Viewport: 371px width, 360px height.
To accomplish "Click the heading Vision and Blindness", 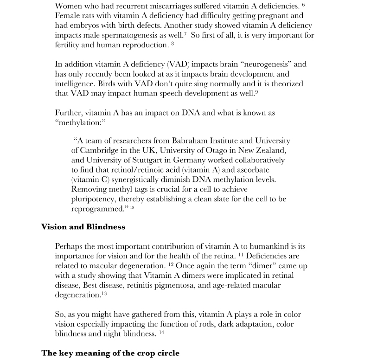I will click(83, 227).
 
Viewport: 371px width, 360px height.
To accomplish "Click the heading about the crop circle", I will click(110, 353).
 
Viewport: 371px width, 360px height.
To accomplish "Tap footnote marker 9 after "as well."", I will click(256, 92).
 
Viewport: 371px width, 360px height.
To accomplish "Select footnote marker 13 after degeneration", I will click(104, 293).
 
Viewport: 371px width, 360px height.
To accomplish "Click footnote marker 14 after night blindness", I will click(161, 332).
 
